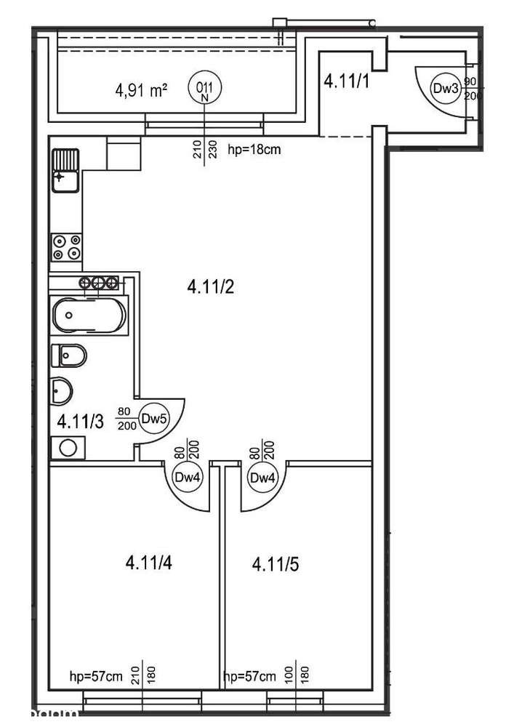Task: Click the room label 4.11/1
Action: point(347,81)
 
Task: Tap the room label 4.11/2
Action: point(209,287)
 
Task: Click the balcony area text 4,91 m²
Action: point(142,91)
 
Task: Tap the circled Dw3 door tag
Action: point(444,88)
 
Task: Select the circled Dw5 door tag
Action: point(153,418)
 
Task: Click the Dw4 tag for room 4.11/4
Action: point(186,478)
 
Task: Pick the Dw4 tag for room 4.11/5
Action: point(260,478)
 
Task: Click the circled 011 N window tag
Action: point(204,89)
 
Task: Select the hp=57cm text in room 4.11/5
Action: point(250,675)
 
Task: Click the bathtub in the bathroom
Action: point(89,316)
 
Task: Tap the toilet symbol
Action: point(70,356)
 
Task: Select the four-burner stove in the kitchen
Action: point(66,247)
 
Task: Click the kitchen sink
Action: point(65,169)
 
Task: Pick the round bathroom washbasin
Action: point(60,392)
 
